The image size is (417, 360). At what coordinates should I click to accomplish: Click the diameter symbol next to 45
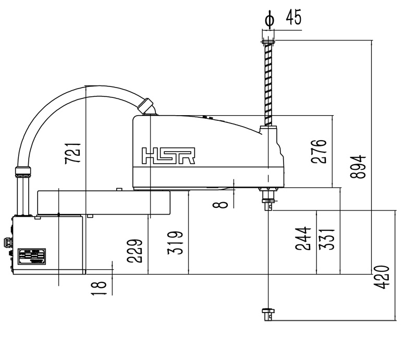click(269, 19)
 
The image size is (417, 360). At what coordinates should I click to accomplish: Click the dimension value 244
click(303, 239)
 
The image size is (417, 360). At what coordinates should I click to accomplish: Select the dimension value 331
click(326, 239)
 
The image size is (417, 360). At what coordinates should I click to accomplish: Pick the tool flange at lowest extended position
click(268, 313)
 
